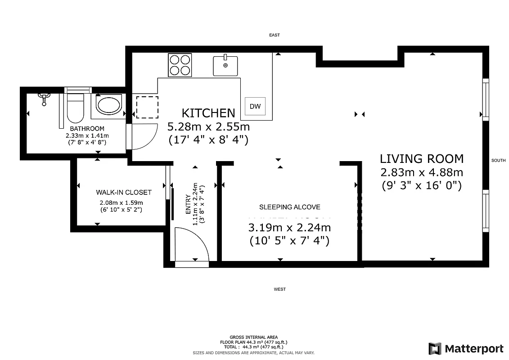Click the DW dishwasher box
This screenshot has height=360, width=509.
click(x=255, y=106)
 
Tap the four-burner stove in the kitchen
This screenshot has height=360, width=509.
click(x=180, y=65)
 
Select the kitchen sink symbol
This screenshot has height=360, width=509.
click(x=225, y=65)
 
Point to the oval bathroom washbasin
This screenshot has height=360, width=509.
click(x=108, y=106)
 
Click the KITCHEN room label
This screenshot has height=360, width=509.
click(x=208, y=113)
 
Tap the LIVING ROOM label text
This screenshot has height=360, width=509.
click(x=422, y=158)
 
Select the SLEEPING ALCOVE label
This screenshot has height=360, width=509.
click(x=290, y=207)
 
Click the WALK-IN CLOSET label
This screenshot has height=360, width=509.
click(x=124, y=192)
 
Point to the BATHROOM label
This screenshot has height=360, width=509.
click(x=87, y=129)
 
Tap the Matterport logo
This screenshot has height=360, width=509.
click(x=466, y=348)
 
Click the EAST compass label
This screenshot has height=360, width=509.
click(x=274, y=35)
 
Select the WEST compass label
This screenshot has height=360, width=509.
click(x=279, y=289)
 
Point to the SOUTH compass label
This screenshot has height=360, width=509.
click(x=498, y=161)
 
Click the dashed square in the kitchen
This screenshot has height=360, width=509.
click(x=147, y=107)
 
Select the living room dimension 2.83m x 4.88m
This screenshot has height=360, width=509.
click(x=422, y=172)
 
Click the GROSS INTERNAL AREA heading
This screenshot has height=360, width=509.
click(x=253, y=337)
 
